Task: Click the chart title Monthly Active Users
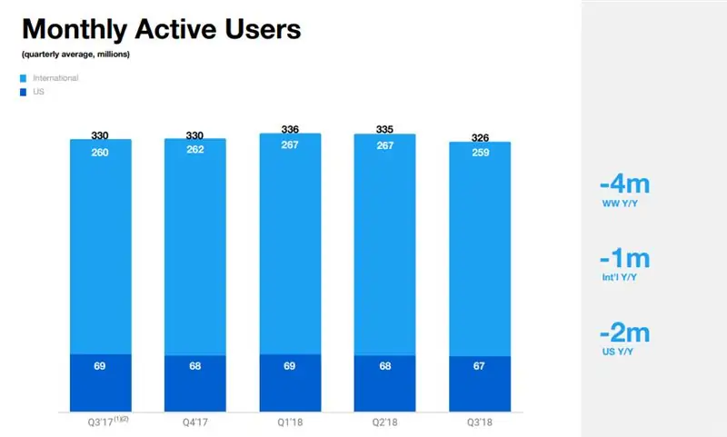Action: coord(161,29)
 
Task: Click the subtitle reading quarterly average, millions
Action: coord(76,56)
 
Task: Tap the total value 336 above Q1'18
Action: coord(290,128)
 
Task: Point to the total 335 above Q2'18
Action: coord(383,129)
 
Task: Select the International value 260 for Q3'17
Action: coord(101,152)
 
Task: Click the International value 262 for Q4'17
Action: coord(195,151)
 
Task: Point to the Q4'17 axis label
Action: coord(195,422)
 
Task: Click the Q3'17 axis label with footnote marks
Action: coord(102,422)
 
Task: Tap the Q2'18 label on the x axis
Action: coord(383,422)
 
